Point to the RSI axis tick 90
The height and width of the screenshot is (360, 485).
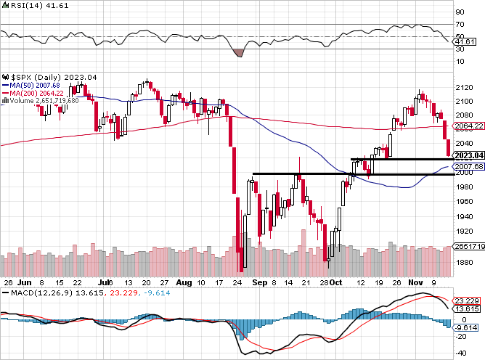pos(459,12)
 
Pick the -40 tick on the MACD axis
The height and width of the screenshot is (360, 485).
pos(460,353)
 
